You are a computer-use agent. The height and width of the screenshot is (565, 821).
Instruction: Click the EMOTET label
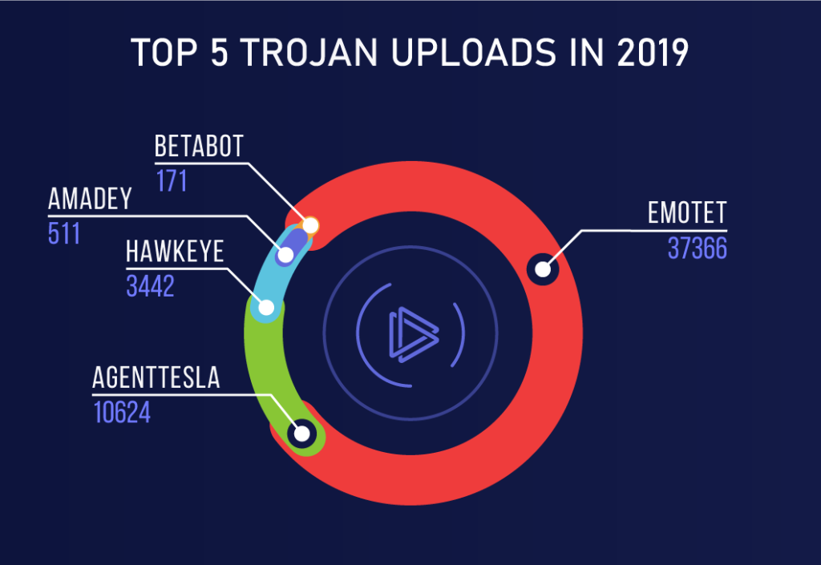coord(687,213)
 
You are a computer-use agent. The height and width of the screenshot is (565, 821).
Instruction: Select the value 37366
coord(697,248)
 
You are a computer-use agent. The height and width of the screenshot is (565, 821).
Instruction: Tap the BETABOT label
coord(198,147)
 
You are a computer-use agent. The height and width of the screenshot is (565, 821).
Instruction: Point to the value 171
coord(171,181)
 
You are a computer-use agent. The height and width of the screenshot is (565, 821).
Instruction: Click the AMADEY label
coord(89,199)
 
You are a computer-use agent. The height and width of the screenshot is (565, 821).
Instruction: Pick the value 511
coord(64,233)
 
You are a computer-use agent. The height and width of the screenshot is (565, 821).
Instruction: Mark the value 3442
coord(150,286)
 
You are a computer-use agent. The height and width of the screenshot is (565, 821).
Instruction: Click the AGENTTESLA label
coord(156,377)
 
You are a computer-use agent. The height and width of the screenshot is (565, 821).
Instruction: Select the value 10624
coord(122,412)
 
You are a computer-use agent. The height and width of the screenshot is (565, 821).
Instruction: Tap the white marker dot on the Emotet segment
coord(543,268)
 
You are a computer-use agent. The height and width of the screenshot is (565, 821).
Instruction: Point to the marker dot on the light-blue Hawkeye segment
coord(266,307)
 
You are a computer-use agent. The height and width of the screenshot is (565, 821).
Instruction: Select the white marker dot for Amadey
coord(285,256)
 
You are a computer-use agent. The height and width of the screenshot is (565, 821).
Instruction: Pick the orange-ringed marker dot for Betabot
coord(311,225)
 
